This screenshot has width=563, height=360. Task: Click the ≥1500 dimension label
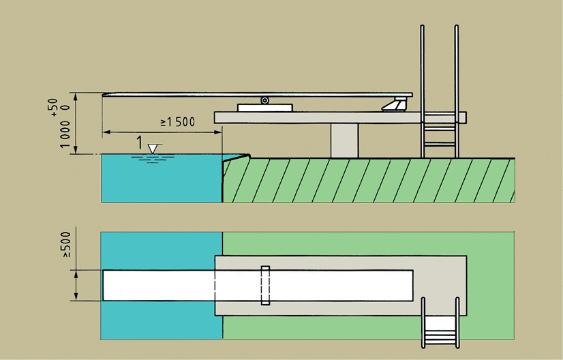tap(178, 123)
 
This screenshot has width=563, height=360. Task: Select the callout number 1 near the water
tap(139, 144)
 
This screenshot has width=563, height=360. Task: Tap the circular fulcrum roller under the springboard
tap(264, 101)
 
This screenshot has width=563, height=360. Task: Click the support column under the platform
tap(344, 140)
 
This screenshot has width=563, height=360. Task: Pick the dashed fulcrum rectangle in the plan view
tap(265, 285)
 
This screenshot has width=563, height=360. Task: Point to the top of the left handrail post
tap(423, 27)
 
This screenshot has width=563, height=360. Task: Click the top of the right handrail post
tap(455, 27)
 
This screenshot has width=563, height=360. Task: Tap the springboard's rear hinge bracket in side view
tap(395, 104)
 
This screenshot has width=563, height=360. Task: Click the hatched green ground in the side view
tap(368, 180)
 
